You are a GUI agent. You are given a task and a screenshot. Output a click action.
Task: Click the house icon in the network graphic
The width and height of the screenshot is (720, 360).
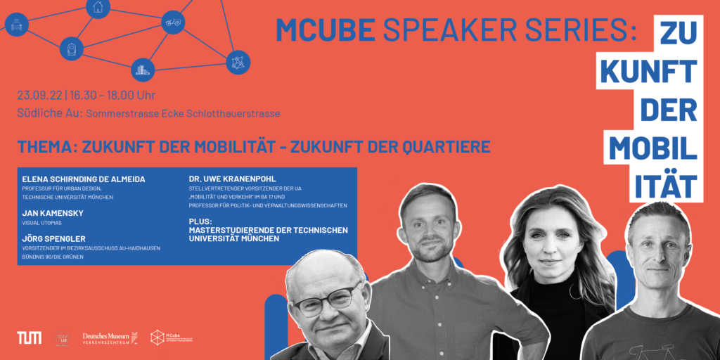pyautogui.click(x=98, y=7)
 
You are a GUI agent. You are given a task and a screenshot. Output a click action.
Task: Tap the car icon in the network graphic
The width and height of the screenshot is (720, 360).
pyautogui.click(x=16, y=25)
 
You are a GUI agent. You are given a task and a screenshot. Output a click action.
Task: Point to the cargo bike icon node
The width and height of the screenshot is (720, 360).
pyautogui.click(x=172, y=22)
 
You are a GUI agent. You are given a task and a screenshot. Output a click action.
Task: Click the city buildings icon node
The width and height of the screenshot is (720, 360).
pyautogui.click(x=143, y=69)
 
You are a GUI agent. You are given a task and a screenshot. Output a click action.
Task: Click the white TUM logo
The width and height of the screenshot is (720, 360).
pyautogui.click(x=29, y=337)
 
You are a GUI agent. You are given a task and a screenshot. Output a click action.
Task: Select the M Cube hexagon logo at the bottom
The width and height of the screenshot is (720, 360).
pyautogui.click(x=157, y=337)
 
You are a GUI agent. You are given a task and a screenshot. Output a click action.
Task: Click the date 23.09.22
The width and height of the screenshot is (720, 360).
pyautogui.click(x=40, y=95)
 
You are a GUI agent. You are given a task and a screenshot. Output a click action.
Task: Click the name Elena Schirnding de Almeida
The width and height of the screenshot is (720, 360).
pyautogui.click(x=84, y=179)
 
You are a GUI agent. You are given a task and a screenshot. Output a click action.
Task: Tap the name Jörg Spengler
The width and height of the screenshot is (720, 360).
pyautogui.click(x=53, y=239)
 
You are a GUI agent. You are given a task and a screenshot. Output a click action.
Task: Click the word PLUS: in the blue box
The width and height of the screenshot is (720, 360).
pyautogui.click(x=202, y=221)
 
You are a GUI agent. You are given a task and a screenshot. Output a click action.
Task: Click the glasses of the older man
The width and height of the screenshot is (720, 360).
pyautogui.click(x=325, y=301)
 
